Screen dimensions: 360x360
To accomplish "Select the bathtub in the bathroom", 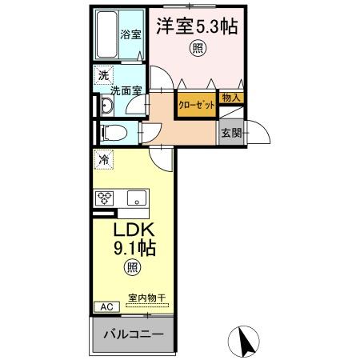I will coord(106,36).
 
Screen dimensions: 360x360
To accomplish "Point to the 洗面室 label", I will coord(126,91).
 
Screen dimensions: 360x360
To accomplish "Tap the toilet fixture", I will coord(114,132).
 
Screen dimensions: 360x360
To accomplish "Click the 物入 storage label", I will coord(230,97).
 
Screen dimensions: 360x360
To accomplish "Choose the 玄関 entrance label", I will coord(231,131).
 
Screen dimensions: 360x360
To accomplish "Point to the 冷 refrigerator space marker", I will coord(103,159).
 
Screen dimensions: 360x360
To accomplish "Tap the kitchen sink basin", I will coord(134,198).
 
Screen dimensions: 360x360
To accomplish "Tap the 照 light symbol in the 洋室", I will coord(195,47).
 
